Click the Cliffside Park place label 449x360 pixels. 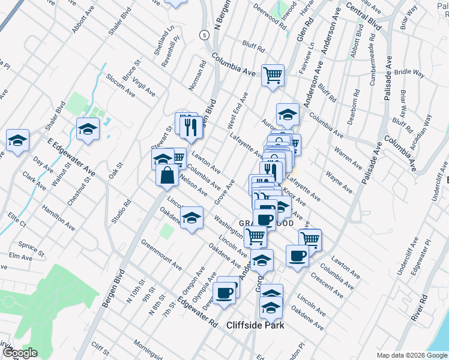(255, 325)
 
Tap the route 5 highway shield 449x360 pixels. (205, 35)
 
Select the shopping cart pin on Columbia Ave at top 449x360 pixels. (273, 75)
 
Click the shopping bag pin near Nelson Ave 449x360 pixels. (167, 175)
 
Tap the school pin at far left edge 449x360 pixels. (18, 140)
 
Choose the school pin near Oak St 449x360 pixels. (88, 128)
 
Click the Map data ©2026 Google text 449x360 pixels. (412, 355)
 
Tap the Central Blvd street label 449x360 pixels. (364, 17)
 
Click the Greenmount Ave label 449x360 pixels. (161, 255)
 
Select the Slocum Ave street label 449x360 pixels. (120, 86)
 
